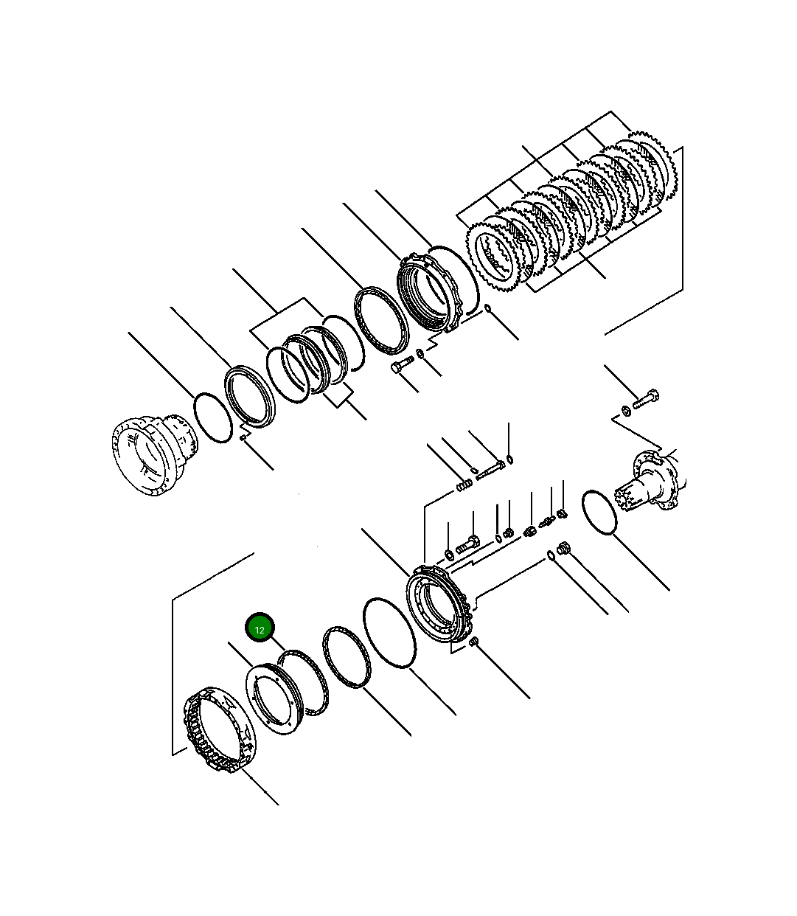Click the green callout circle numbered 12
(x=260, y=628)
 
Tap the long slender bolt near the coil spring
(x=490, y=469)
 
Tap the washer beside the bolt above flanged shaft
(x=626, y=410)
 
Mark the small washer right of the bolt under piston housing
(x=420, y=354)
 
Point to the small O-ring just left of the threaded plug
(x=551, y=555)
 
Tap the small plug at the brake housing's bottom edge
(x=474, y=642)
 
